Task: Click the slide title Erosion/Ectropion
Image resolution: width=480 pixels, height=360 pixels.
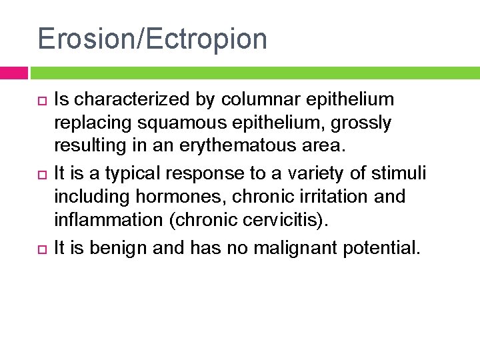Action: [x=152, y=39]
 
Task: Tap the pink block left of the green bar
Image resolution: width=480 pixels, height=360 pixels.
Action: [x=13, y=73]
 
